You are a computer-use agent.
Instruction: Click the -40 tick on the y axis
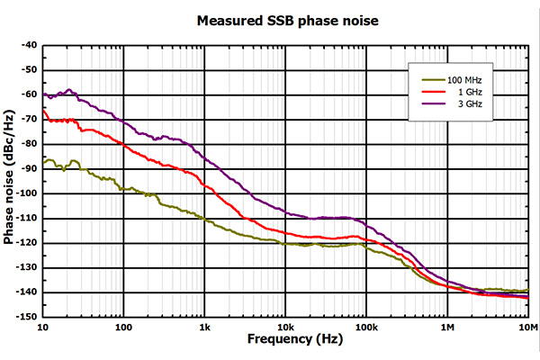tap(30, 45)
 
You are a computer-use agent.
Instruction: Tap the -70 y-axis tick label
tap(30, 119)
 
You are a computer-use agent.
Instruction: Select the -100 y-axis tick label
tap(28, 193)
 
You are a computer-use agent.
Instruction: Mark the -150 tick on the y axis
tap(28, 317)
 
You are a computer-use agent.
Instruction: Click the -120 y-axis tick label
tap(28, 243)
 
